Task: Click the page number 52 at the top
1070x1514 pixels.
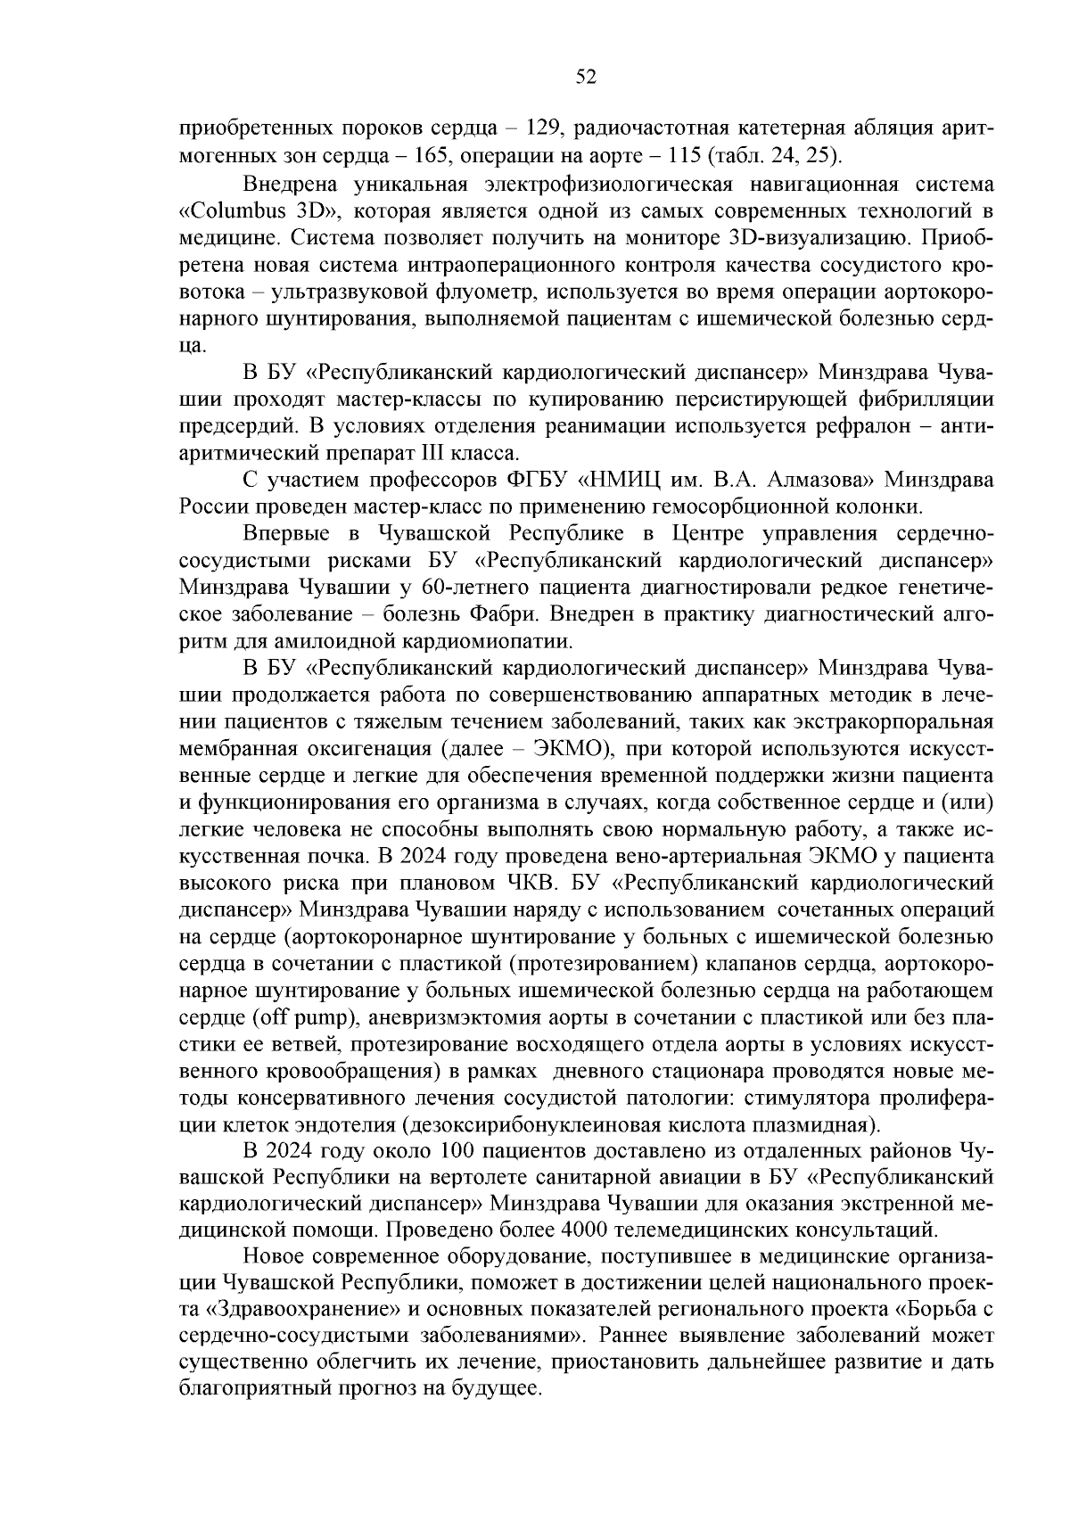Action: pos(586,77)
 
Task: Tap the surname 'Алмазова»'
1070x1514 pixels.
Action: pos(827,480)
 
